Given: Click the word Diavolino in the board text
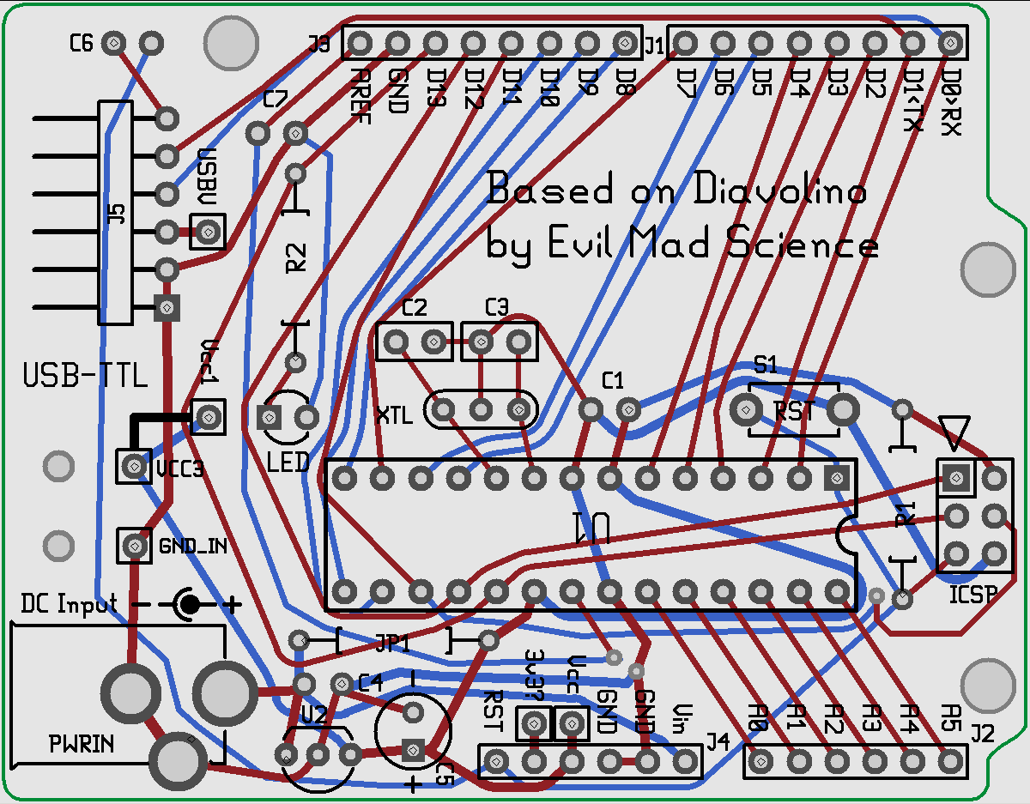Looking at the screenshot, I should pyautogui.click(x=779, y=190).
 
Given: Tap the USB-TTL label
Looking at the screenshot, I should pyautogui.click(x=85, y=376).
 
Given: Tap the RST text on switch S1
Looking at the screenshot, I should pyautogui.click(x=794, y=411).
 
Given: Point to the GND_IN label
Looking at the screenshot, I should pyautogui.click(x=192, y=545).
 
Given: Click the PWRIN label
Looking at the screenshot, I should pyautogui.click(x=81, y=744).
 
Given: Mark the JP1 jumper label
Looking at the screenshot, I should pyautogui.click(x=392, y=641).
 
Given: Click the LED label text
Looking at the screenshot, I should pyautogui.click(x=288, y=462).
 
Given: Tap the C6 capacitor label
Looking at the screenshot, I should pyautogui.click(x=81, y=43).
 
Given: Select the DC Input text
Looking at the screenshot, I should pyautogui.click(x=70, y=604).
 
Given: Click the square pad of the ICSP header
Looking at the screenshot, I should pyautogui.click(x=955, y=478).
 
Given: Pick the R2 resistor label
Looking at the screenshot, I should pyautogui.click(x=296, y=257).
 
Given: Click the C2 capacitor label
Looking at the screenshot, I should pyautogui.click(x=415, y=307).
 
